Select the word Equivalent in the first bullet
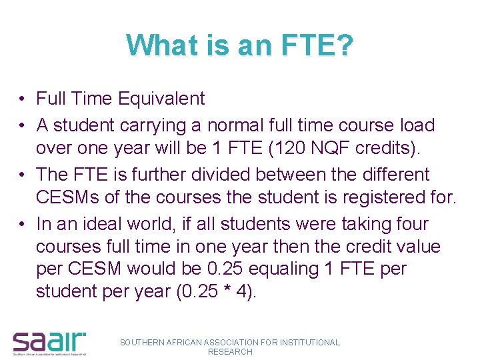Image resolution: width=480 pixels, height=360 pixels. click(x=161, y=99)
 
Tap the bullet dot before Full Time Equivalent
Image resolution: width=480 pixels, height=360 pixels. click(x=22, y=99)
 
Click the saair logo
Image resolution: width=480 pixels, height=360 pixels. click(x=49, y=341)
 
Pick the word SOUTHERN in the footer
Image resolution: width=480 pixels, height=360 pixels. click(x=141, y=342)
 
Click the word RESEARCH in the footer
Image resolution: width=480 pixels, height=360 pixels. click(x=230, y=351)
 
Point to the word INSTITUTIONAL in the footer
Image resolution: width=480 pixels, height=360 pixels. click(x=309, y=342)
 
